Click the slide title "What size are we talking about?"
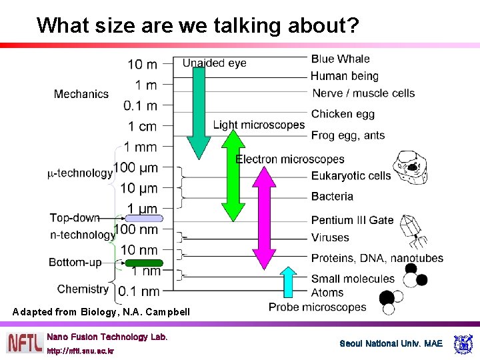(x=198, y=25)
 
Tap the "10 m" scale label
(x=142, y=64)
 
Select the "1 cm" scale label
(x=142, y=126)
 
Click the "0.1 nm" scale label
(x=139, y=291)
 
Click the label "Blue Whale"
(x=340, y=59)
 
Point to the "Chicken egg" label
(x=343, y=114)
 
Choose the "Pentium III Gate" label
(x=352, y=220)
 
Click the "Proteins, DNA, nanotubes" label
(x=377, y=258)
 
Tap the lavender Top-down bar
(x=144, y=218)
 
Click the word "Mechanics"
(x=81, y=94)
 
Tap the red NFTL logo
(x=25, y=343)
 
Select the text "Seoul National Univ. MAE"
(x=391, y=344)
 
